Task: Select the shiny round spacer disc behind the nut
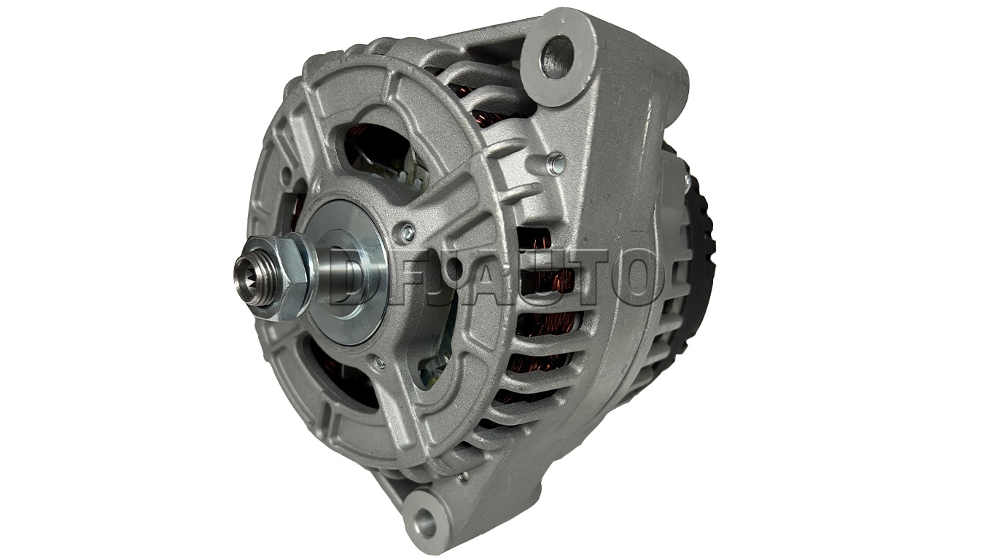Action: pos(345,272)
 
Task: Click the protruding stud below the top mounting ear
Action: pos(556,162)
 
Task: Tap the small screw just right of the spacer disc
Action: pos(408,232)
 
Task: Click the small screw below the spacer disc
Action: pos(380,363)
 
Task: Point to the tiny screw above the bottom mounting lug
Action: pos(464,477)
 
